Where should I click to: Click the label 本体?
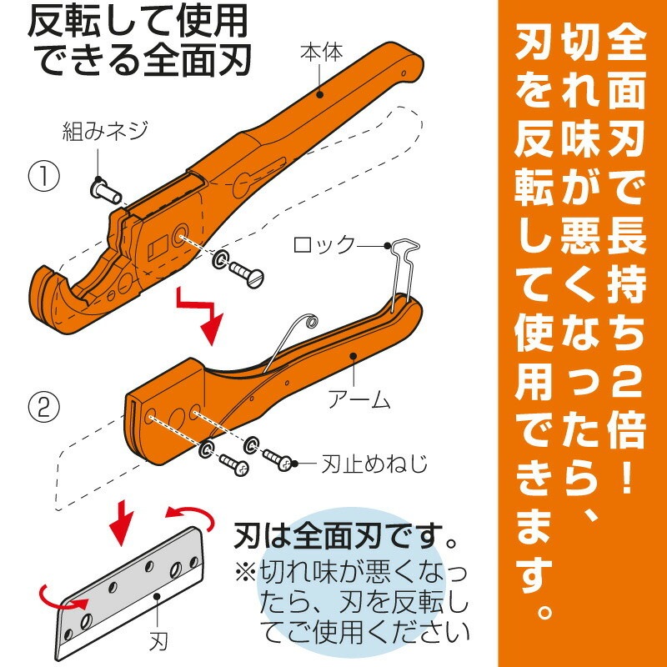[x=322, y=53]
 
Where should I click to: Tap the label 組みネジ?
[x=106, y=131]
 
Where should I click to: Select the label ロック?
[x=324, y=245]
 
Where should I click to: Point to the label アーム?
[x=359, y=400]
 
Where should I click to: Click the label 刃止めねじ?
[x=374, y=464]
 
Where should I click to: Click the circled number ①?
[x=44, y=177]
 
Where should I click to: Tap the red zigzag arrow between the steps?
[x=201, y=315]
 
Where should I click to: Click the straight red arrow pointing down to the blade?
[x=122, y=522]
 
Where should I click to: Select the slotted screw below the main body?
[x=247, y=273]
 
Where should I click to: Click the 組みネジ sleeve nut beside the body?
[x=106, y=192]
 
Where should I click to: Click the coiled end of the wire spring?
[x=311, y=320]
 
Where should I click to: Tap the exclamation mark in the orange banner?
[x=628, y=475]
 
